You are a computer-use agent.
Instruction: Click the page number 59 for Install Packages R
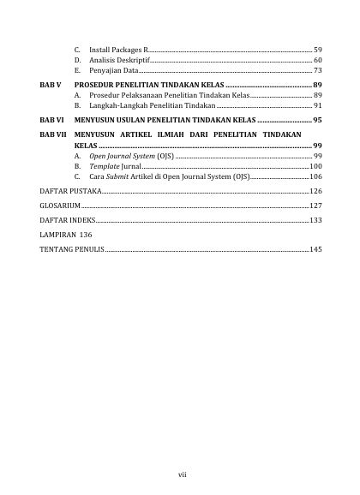pos(317,51)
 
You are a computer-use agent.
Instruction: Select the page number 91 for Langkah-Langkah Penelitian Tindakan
pos(317,105)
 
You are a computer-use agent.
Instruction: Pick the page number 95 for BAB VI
pos(317,121)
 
